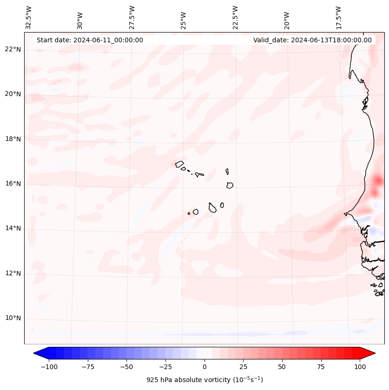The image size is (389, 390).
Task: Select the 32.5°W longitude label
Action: click(28, 17)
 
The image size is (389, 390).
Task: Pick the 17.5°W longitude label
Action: click(338, 17)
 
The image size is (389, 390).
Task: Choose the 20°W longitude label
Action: click(287, 19)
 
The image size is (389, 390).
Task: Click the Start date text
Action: click(90, 40)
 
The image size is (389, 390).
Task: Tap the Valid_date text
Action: click(312, 40)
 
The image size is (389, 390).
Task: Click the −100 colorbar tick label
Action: click(49, 367)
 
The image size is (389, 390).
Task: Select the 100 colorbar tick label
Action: click(359, 367)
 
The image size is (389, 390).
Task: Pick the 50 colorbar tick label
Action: click(282, 367)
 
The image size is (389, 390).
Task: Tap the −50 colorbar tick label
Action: click(126, 367)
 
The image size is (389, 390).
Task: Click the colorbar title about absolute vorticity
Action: click(204, 380)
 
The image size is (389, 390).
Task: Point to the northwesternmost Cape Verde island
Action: click(179, 164)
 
